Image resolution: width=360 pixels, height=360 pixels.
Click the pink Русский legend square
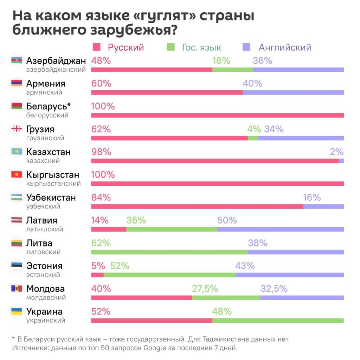[x=96, y=47]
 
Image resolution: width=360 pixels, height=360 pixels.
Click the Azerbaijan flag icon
[x=17, y=61]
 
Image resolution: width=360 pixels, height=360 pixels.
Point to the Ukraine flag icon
[x=17, y=311]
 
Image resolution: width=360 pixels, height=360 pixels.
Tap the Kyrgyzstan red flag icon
[x=17, y=175]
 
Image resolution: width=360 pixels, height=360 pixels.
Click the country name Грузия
[x=40, y=129]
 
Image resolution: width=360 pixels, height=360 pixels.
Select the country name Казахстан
[x=48, y=152]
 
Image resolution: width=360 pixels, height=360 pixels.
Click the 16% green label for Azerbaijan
[x=221, y=61]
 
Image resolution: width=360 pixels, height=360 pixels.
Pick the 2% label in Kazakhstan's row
[x=336, y=152]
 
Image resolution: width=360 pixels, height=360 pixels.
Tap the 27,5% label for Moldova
[x=205, y=289]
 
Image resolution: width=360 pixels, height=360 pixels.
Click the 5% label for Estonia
[x=98, y=266]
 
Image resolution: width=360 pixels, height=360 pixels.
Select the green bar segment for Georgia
[x=252, y=138]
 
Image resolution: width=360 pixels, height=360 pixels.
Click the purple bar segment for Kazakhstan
[x=341, y=161]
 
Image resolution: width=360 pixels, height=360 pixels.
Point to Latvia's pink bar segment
[x=108, y=229]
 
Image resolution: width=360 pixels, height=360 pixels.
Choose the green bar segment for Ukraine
[x=278, y=320]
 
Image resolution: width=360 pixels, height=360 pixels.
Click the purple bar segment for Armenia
[x=293, y=92]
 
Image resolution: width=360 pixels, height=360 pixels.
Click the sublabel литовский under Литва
[x=43, y=252]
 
